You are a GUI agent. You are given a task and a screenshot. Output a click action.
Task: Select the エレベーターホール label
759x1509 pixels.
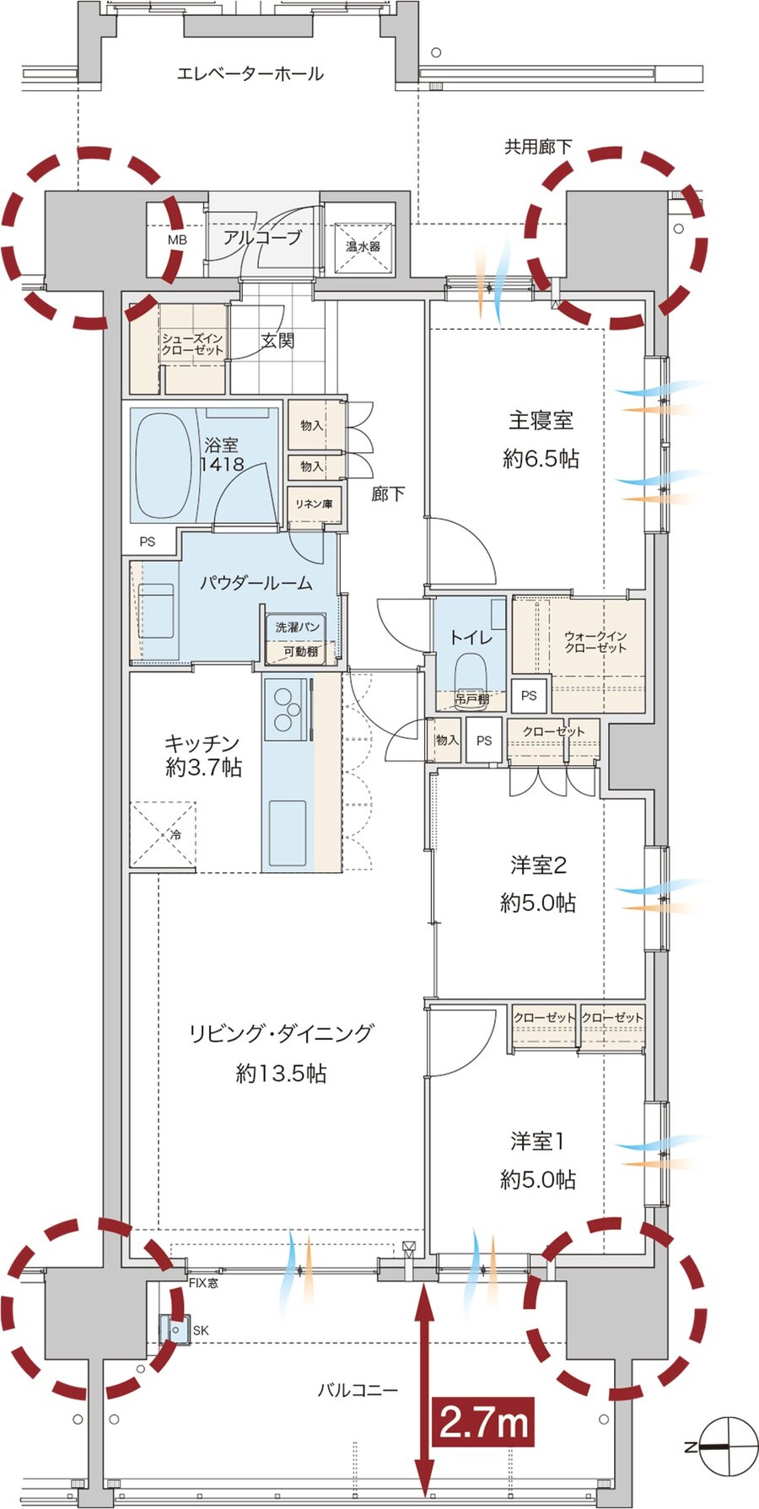click(250, 74)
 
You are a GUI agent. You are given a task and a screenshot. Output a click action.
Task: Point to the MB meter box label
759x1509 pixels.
click(177, 240)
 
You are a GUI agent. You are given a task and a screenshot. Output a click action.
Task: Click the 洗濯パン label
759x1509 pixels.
click(297, 628)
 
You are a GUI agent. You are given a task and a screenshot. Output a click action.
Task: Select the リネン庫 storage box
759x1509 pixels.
click(314, 504)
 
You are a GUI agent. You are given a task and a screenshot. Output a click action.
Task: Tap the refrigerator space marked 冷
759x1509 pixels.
click(163, 833)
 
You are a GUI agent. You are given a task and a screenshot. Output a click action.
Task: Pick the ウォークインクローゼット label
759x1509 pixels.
click(595, 642)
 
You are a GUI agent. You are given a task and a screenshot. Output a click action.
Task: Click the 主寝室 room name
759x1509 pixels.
click(541, 419)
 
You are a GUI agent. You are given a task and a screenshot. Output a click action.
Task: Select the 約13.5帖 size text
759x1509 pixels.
click(281, 1073)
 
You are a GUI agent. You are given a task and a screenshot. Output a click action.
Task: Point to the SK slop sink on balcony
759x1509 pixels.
click(174, 1330)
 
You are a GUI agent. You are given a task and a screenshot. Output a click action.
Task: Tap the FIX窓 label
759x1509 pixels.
click(202, 1283)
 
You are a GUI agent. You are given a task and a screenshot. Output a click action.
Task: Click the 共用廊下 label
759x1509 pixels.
click(538, 147)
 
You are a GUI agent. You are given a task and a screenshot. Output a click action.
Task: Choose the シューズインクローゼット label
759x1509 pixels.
click(193, 344)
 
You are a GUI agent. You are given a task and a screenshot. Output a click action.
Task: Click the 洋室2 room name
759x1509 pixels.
click(538, 865)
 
